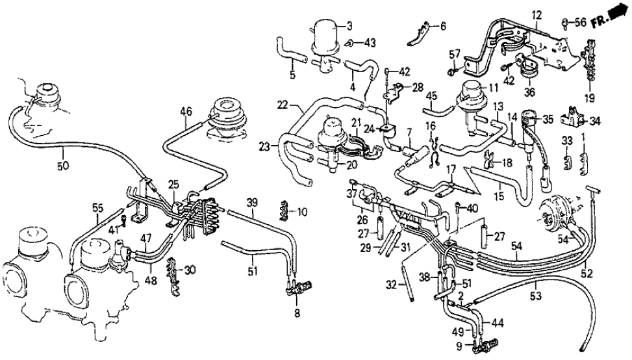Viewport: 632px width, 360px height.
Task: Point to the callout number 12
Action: [x=536, y=14]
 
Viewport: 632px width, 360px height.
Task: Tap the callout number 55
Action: [x=97, y=207]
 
